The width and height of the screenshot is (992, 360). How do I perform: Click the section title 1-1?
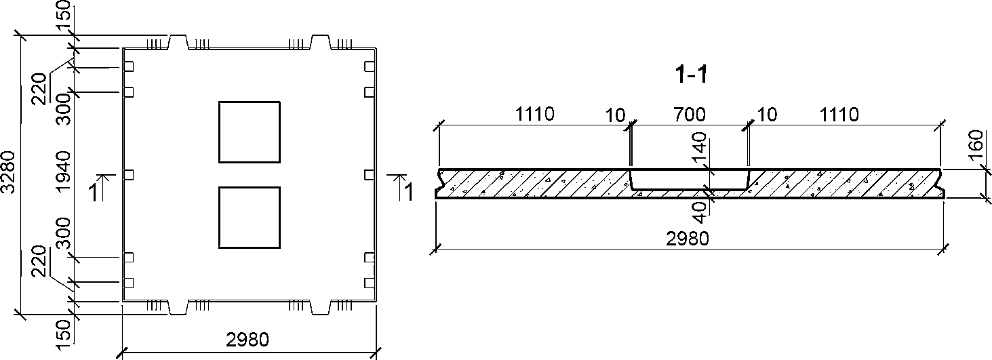(692, 75)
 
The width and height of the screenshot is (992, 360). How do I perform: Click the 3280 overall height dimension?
(8, 172)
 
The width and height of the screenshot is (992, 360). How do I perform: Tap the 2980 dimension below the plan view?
(247, 340)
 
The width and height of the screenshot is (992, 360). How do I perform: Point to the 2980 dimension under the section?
(688, 239)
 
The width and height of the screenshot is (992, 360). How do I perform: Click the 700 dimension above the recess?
(690, 115)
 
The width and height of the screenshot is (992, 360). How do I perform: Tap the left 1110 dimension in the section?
(534, 115)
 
